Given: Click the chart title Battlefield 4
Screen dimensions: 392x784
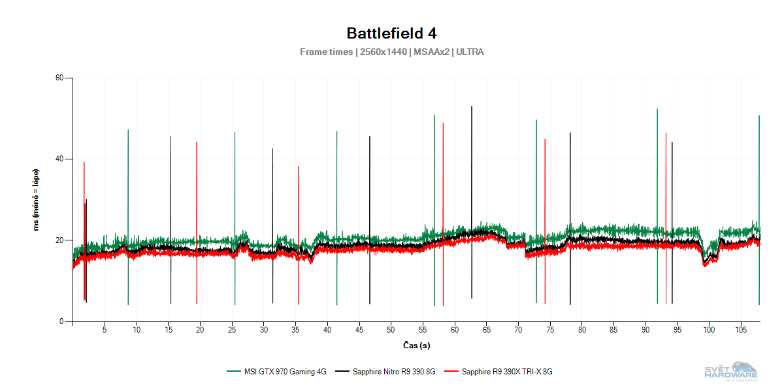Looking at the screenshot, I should pos(391,33).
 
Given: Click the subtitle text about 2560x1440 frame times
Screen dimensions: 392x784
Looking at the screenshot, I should pos(391,52).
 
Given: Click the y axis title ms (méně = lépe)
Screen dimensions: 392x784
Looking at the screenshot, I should pos(37,200).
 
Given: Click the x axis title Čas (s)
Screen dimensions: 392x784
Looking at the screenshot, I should pos(416,345).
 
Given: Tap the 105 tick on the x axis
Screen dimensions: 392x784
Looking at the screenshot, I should pos(740,330).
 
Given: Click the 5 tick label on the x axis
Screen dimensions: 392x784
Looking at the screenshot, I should pos(105,330).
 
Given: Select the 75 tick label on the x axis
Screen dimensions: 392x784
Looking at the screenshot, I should pos(549,330).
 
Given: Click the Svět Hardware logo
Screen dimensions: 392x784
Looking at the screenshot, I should pos(730,370).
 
